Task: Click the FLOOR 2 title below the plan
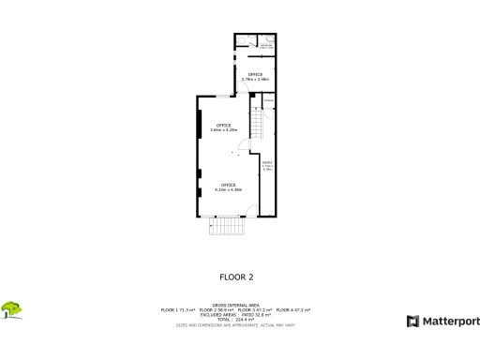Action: click(x=236, y=277)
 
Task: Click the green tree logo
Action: click(x=12, y=308)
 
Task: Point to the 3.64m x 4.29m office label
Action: click(x=224, y=127)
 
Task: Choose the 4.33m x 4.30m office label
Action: click(x=228, y=187)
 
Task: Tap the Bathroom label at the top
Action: click(x=266, y=45)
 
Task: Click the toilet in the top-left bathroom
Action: click(x=242, y=38)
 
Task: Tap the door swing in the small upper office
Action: click(x=241, y=89)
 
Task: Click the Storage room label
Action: click(x=268, y=101)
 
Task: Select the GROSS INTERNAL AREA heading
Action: click(x=236, y=305)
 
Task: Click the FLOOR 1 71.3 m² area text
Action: click(x=180, y=309)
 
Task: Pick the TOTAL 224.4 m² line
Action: click(x=236, y=319)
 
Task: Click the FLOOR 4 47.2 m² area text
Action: click(x=294, y=309)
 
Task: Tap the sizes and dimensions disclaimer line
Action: click(x=236, y=324)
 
